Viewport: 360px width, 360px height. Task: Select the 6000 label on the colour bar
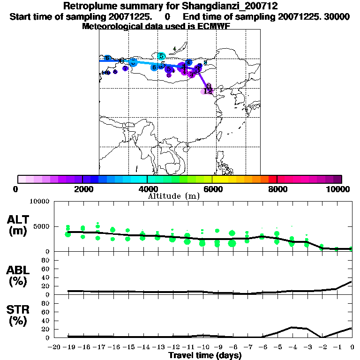tap(212, 189)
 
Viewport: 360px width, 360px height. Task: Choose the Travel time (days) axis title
tap(205, 355)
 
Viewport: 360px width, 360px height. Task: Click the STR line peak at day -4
tap(292, 327)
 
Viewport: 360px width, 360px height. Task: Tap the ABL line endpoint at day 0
tap(352, 282)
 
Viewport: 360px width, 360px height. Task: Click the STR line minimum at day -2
tap(322, 337)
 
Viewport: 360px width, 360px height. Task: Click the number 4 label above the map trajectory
tap(174, 48)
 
